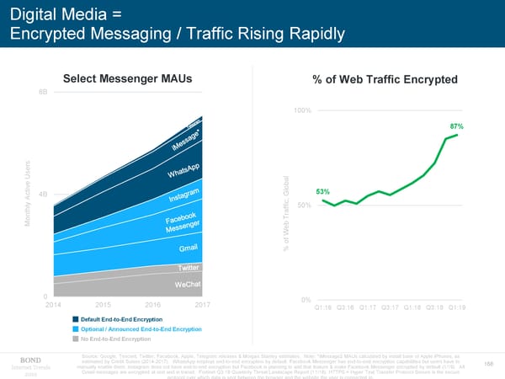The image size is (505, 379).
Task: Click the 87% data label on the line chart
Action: [x=456, y=125]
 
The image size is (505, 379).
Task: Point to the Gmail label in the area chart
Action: [x=189, y=249]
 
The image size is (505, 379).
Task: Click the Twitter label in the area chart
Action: [x=189, y=268]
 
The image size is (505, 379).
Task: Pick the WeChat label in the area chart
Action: [x=187, y=284]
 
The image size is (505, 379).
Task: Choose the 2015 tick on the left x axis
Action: [x=104, y=305]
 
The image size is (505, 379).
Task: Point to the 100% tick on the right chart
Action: [x=303, y=111]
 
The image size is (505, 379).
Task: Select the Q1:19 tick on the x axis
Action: [x=460, y=308]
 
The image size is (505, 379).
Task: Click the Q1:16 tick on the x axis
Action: [x=324, y=308]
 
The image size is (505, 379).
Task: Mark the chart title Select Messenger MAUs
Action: [x=127, y=79]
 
